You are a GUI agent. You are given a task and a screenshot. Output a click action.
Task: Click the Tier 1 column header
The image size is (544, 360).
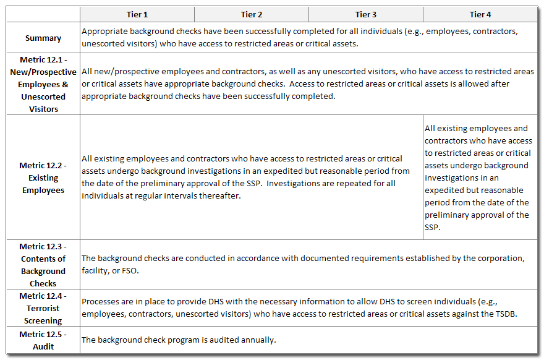(137, 14)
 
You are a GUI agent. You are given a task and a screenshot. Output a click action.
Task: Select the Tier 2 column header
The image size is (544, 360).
(252, 14)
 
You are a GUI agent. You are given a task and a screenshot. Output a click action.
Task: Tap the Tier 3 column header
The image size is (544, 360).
(366, 14)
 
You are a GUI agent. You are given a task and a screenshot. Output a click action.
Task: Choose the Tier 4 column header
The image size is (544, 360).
(480, 14)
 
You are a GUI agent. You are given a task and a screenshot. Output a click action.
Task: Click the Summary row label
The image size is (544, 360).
(43, 38)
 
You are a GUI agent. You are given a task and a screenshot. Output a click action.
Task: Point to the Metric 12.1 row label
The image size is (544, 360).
(43, 84)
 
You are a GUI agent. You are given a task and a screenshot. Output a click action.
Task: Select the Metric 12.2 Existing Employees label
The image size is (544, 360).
(43, 178)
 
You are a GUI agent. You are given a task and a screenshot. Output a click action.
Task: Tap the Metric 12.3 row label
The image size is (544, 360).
(43, 265)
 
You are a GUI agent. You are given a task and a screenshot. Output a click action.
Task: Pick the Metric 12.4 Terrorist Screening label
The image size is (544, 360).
(43, 308)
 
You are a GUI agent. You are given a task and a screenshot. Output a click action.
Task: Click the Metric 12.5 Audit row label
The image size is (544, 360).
(43, 340)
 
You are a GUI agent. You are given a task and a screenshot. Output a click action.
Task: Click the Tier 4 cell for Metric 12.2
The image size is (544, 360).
(480, 178)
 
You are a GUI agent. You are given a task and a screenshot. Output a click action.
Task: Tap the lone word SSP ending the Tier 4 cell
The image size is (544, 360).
(431, 227)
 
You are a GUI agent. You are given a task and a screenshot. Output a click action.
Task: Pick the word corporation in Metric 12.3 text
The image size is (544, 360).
(501, 258)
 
